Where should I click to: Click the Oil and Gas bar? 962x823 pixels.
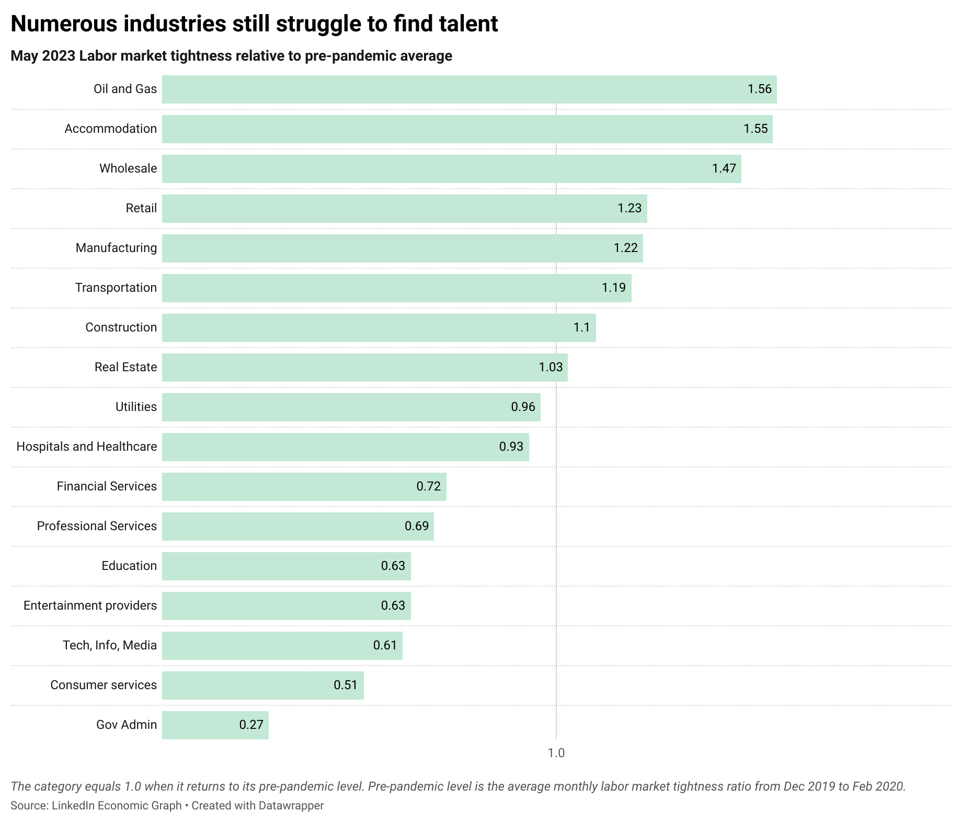pos(469,89)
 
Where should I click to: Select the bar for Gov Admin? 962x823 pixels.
pos(215,725)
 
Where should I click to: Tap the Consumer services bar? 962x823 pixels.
pos(262,685)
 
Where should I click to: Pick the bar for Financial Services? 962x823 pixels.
pos(304,486)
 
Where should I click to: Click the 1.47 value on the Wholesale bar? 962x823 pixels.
pos(724,168)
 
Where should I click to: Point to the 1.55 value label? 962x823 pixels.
pos(755,129)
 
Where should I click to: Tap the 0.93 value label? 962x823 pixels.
pos(511,447)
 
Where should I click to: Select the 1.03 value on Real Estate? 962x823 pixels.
pos(551,367)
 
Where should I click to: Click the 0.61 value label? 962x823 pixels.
pos(385,645)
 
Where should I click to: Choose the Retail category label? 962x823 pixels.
pos(141,208)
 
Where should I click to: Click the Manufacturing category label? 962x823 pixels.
pos(116,248)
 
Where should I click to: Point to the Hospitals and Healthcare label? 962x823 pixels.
pos(87,447)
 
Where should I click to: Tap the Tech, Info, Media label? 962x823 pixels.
pos(110,645)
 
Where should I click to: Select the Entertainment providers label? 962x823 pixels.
pos(90,605)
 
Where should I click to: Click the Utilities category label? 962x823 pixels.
pos(136,407)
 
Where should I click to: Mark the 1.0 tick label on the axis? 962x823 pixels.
pos(556,753)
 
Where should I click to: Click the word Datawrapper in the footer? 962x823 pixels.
pos(291,806)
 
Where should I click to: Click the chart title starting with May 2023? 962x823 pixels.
pos(231,56)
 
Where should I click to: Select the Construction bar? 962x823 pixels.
pos(379,327)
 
